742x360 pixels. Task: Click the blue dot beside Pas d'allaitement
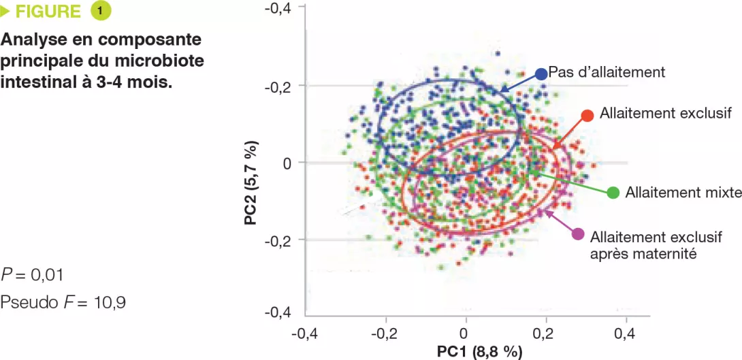click(541, 73)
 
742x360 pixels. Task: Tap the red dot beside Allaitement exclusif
click(587, 115)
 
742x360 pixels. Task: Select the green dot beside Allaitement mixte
click(613, 193)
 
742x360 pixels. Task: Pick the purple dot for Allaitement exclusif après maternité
click(578, 234)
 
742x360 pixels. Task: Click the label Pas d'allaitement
click(607, 71)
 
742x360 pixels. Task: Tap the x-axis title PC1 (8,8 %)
click(479, 351)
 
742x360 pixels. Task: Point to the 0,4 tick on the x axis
click(625, 333)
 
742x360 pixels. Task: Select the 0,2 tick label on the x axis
click(545, 333)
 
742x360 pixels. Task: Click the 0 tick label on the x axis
click(464, 333)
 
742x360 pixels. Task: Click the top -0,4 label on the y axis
click(278, 8)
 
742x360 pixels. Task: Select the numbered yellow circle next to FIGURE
click(99, 12)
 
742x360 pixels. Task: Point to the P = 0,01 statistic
click(33, 275)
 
